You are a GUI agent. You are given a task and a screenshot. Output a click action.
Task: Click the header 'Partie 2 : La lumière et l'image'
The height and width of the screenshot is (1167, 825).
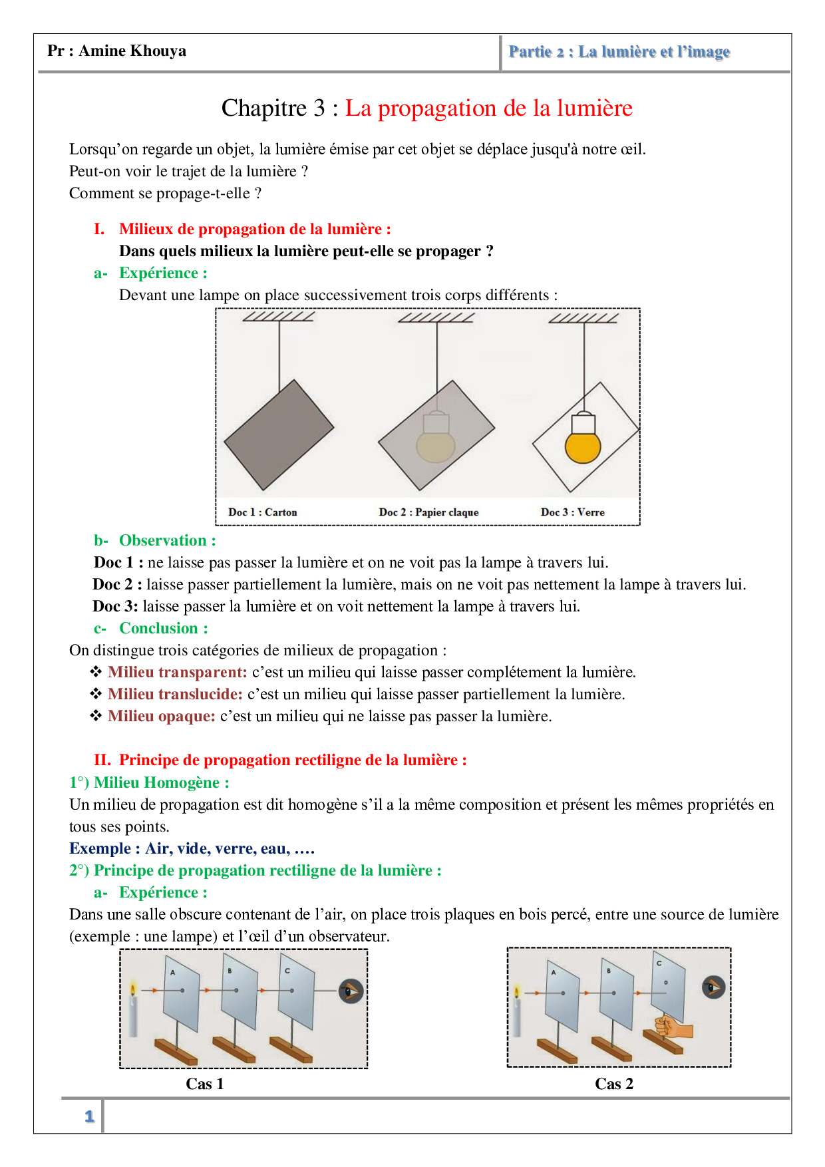[619, 52]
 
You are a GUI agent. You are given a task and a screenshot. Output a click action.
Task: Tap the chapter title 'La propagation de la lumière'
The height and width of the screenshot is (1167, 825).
[488, 108]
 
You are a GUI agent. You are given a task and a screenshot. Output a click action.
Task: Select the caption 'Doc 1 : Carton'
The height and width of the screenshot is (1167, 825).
[262, 512]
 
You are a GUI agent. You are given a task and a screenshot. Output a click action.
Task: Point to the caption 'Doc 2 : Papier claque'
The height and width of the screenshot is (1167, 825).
[428, 512]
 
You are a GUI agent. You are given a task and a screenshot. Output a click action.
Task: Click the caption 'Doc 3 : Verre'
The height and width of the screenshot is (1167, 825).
[572, 512]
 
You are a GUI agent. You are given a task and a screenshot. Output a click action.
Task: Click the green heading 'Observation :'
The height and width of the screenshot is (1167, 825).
[167, 540]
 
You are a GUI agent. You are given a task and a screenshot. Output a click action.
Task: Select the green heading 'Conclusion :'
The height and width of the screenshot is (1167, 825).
[163, 628]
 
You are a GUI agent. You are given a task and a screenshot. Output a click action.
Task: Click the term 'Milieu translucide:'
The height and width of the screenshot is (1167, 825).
[175, 694]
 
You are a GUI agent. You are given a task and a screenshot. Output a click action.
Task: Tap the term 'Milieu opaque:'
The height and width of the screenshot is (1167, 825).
[162, 716]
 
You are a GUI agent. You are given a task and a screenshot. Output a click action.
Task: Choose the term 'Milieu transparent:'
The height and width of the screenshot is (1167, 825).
[178, 672]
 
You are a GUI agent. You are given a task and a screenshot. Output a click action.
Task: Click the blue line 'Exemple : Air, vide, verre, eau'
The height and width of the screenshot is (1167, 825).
[192, 848]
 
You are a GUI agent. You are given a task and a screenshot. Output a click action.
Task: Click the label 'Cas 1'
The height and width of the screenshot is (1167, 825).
[205, 1084]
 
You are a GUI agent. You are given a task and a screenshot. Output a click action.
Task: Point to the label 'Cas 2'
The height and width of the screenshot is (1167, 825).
[614, 1084]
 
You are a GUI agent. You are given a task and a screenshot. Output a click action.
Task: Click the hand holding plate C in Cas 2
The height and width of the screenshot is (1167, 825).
[671, 1028]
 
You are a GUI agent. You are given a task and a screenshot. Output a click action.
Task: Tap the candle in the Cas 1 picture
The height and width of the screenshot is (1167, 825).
[133, 1011]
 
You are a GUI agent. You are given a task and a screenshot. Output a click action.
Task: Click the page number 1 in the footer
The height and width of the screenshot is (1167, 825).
[89, 1116]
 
